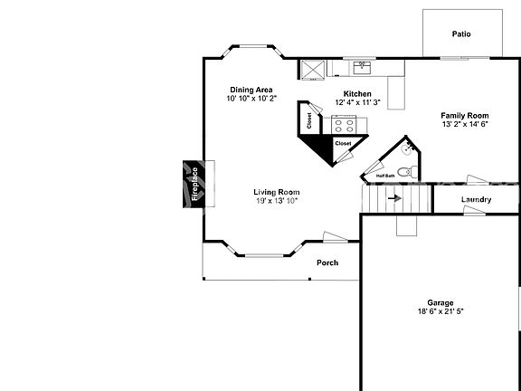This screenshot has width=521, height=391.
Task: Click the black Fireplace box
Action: [x=192, y=184]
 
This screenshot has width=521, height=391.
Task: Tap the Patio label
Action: [x=461, y=34]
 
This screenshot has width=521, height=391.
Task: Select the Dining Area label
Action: [x=251, y=90]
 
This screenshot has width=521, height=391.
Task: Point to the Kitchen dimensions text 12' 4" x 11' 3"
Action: [x=357, y=102]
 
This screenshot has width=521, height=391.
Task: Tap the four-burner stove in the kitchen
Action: [x=345, y=125]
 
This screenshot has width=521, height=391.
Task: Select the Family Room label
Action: [x=465, y=116]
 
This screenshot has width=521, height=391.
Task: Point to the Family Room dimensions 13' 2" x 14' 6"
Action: [x=465, y=125]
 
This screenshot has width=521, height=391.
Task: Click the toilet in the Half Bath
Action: [x=406, y=171]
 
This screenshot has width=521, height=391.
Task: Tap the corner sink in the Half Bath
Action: [x=409, y=144]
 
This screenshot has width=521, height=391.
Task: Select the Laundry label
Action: [x=476, y=200]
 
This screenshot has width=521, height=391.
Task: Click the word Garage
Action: [x=440, y=302]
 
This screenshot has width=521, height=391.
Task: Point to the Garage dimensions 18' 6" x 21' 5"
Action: [x=440, y=311]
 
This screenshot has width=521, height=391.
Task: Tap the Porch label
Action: [x=327, y=263]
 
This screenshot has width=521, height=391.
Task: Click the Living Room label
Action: [x=276, y=192]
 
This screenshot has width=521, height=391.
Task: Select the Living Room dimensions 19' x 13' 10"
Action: [x=276, y=201]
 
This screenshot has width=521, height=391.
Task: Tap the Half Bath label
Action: [x=385, y=176]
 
